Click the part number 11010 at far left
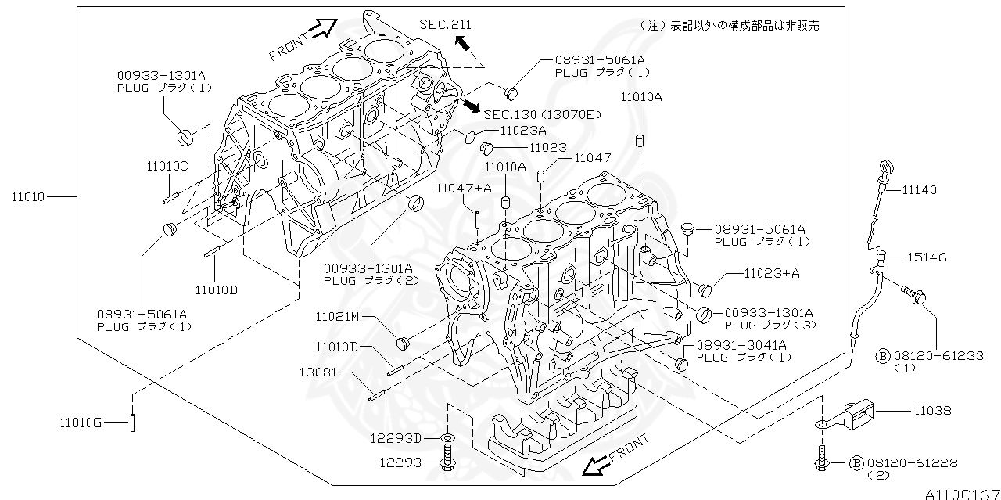(28, 196)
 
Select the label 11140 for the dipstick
(919, 190)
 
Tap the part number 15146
(927, 257)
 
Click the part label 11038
(930, 409)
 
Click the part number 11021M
(337, 317)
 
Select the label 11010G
(81, 423)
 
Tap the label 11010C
(167, 166)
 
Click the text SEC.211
(446, 25)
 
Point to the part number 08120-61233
(927, 355)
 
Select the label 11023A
(523, 131)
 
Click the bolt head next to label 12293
(447, 466)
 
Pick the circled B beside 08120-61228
(856, 463)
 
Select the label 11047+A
(464, 188)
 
